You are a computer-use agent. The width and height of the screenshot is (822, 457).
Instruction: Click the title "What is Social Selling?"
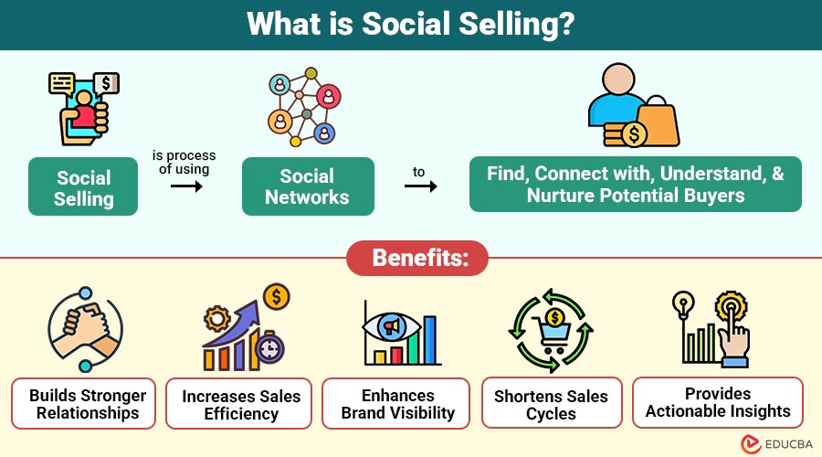[410, 25]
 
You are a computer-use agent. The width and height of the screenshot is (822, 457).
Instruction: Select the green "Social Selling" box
[83, 186]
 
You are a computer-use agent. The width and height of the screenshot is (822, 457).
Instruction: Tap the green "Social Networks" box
[308, 186]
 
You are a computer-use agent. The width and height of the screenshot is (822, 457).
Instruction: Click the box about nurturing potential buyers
[635, 185]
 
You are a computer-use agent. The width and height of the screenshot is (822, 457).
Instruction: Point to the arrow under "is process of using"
[186, 186]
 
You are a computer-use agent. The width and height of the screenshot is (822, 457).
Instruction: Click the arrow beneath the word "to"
[420, 186]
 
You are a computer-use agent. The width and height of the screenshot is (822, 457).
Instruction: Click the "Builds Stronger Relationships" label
[84, 404]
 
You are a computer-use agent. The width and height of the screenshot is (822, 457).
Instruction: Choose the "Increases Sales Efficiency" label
[240, 405]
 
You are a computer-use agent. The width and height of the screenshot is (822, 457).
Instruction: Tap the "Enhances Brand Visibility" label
[396, 404]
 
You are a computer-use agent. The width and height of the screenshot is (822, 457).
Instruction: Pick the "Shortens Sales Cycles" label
[551, 405]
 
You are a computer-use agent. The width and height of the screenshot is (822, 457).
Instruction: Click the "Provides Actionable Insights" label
[718, 403]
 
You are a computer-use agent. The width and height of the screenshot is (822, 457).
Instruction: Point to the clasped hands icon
[85, 329]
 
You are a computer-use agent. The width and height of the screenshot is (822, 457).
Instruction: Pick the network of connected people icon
[304, 105]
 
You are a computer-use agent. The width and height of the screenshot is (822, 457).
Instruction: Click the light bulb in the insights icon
[681, 306]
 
